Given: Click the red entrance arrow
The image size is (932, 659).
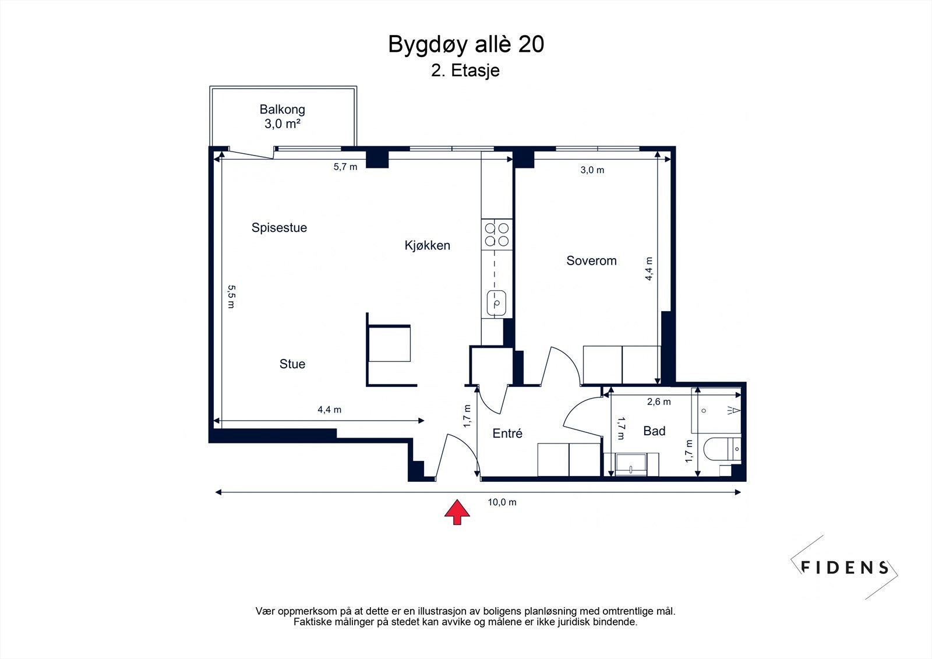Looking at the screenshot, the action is (x=457, y=512).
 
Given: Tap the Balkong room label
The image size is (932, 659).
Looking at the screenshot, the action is (x=282, y=110).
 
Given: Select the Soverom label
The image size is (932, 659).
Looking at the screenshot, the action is (x=591, y=260).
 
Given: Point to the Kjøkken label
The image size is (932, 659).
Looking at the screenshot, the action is (x=428, y=245).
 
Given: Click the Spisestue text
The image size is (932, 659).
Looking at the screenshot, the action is (x=279, y=228).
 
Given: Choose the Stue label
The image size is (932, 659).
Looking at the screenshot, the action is (x=292, y=364).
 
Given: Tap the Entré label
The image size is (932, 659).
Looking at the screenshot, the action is (x=507, y=434).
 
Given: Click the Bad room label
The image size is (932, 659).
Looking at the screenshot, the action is (x=654, y=431).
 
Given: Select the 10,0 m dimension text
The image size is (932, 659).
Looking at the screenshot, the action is (x=502, y=502).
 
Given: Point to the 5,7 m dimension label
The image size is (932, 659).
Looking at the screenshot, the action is (x=345, y=167).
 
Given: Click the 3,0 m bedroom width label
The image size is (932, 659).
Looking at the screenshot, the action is (x=592, y=170).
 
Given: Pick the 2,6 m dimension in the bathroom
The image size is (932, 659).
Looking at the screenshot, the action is (x=659, y=401).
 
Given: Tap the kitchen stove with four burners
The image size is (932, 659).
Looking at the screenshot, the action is (x=497, y=234).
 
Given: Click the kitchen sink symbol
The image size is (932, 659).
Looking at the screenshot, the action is (x=496, y=302).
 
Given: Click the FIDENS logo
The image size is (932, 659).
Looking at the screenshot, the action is (x=844, y=568).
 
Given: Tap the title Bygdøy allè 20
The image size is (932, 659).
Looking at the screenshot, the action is (x=466, y=44).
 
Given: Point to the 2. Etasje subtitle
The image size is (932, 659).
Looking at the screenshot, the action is (x=465, y=71).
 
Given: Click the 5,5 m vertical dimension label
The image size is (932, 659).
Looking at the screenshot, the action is (x=231, y=297).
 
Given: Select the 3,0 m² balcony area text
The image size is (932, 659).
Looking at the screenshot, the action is (x=282, y=124).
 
